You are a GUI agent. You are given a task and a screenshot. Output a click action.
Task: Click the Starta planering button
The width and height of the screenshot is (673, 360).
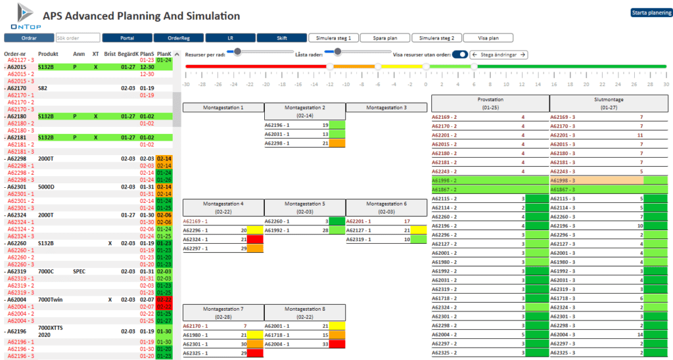651,12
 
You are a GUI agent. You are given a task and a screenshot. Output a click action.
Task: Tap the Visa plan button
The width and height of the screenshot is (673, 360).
487,38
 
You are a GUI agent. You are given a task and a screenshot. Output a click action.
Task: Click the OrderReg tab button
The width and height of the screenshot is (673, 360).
179,38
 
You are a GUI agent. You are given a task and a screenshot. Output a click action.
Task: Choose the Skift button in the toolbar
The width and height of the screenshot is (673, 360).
281,38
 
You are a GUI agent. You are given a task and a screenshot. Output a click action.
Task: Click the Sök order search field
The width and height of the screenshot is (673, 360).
78,38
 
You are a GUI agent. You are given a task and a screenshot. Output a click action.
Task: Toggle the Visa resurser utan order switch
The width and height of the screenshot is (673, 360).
460,55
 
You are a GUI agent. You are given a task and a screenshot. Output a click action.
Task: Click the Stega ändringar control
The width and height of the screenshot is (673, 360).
499,55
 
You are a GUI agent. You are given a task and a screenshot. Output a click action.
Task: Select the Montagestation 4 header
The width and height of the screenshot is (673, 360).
223,207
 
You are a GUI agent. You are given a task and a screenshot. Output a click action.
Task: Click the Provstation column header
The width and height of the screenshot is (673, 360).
490,102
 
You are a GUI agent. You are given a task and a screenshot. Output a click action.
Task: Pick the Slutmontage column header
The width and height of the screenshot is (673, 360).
608,102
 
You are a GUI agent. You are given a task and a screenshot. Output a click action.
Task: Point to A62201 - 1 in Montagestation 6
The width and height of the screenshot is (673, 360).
360,221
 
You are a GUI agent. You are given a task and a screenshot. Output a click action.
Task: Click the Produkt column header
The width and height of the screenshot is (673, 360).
48,54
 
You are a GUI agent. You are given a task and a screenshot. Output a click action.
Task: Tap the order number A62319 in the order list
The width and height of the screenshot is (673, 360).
16,271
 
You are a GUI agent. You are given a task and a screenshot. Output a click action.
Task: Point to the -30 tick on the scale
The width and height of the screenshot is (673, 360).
186,84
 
